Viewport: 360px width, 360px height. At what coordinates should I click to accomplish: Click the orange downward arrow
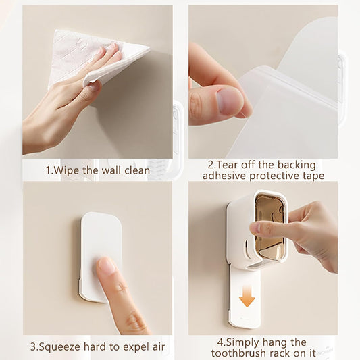coord(247,297)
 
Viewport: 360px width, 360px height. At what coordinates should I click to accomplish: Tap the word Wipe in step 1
coord(66,170)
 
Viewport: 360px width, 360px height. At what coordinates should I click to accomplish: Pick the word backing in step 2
coord(297,165)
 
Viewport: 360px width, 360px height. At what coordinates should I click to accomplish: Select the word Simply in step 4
coord(243,343)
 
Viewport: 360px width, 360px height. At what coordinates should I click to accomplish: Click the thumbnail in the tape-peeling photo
coord(230,101)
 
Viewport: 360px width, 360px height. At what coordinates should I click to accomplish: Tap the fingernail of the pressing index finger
coord(107,266)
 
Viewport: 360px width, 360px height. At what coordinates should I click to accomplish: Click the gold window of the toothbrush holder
coord(270,228)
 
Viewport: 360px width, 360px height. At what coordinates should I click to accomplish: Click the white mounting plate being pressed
coord(101,255)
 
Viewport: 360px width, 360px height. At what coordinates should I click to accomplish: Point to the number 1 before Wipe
coord(48,170)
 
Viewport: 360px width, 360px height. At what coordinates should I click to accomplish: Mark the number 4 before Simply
coord(220,342)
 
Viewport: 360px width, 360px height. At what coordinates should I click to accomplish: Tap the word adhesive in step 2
coord(224,176)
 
